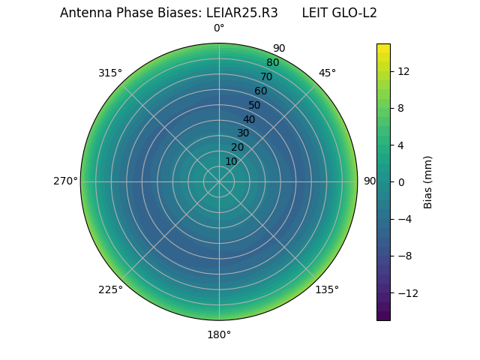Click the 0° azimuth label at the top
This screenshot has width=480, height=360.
click(219, 28)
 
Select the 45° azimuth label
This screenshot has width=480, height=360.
click(327, 73)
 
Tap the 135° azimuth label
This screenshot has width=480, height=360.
click(327, 289)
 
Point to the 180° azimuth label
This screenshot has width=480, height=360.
click(219, 334)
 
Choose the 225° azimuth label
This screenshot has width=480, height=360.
click(110, 289)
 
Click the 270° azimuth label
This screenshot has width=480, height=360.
click(65, 181)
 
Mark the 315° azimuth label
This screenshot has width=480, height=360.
click(110, 73)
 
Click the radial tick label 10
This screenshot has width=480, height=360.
click(231, 161)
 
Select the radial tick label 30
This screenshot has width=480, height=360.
click(243, 133)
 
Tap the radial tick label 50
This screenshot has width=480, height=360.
click(255, 105)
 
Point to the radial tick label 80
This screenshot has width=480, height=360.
click(272, 63)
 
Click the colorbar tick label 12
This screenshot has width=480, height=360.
click(403, 71)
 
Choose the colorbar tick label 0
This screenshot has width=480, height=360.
click(400, 181)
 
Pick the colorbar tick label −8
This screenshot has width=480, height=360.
click(403, 256)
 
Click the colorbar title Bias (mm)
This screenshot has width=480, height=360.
click(428, 181)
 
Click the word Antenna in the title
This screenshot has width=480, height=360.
click(83, 13)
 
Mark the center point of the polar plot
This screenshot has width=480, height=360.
click(219, 181)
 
